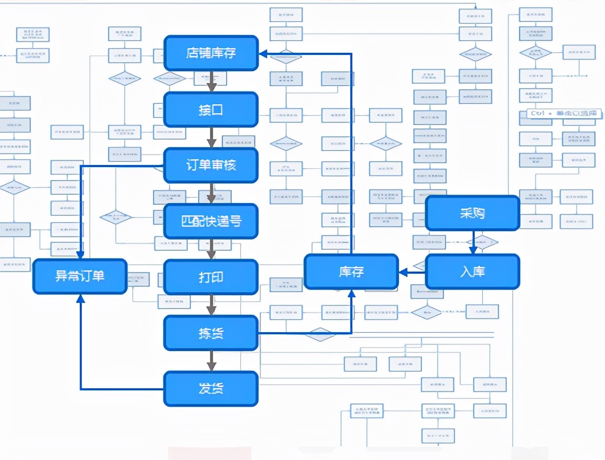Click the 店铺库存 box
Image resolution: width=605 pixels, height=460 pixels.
(210, 53)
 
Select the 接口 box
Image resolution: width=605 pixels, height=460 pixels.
(210, 109)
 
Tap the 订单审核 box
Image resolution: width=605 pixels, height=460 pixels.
(210, 165)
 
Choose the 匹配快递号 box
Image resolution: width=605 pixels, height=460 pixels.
(210, 220)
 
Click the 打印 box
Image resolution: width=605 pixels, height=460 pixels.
(210, 277)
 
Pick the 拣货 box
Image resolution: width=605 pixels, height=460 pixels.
(210, 333)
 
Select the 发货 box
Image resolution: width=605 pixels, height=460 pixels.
(210, 388)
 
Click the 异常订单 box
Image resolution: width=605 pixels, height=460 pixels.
(80, 276)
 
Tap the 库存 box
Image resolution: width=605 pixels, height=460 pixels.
(351, 272)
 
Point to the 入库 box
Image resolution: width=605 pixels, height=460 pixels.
(472, 272)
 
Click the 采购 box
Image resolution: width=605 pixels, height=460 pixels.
(472, 213)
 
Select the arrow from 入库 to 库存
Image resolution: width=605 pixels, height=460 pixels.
(412, 272)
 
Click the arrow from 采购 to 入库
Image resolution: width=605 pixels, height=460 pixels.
(473, 242)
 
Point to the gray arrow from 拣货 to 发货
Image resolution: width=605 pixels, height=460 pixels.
(211, 361)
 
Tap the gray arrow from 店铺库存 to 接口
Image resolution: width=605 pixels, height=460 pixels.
(211, 81)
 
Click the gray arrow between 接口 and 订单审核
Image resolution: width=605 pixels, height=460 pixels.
(211, 137)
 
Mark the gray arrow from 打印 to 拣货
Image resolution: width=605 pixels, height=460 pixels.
(211, 305)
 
